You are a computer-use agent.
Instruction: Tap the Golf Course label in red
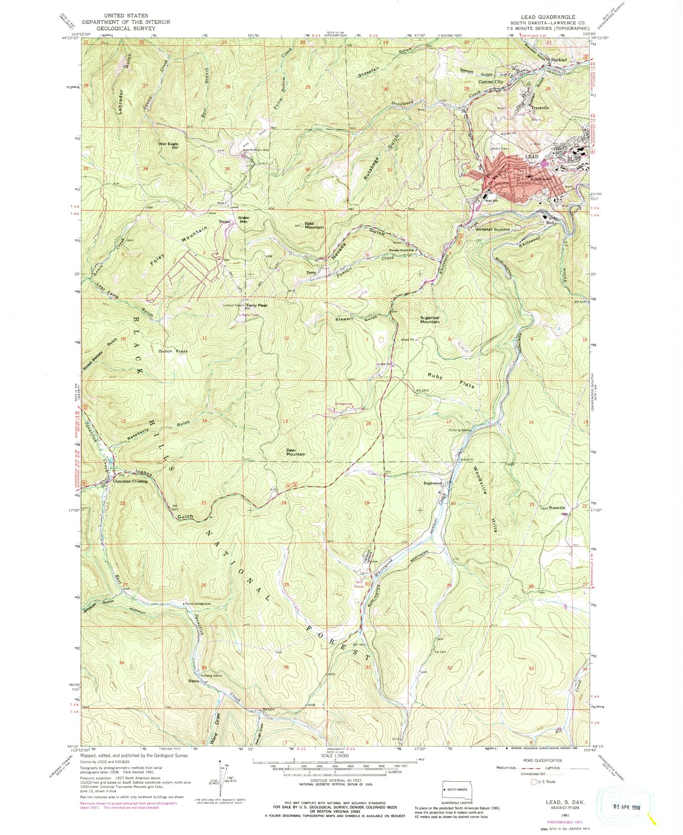pyautogui.click(x=358, y=584)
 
